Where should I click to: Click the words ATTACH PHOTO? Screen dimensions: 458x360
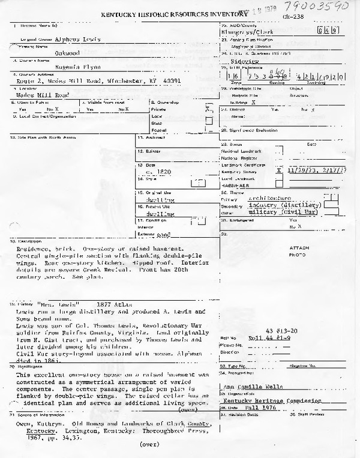click(299, 251)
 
